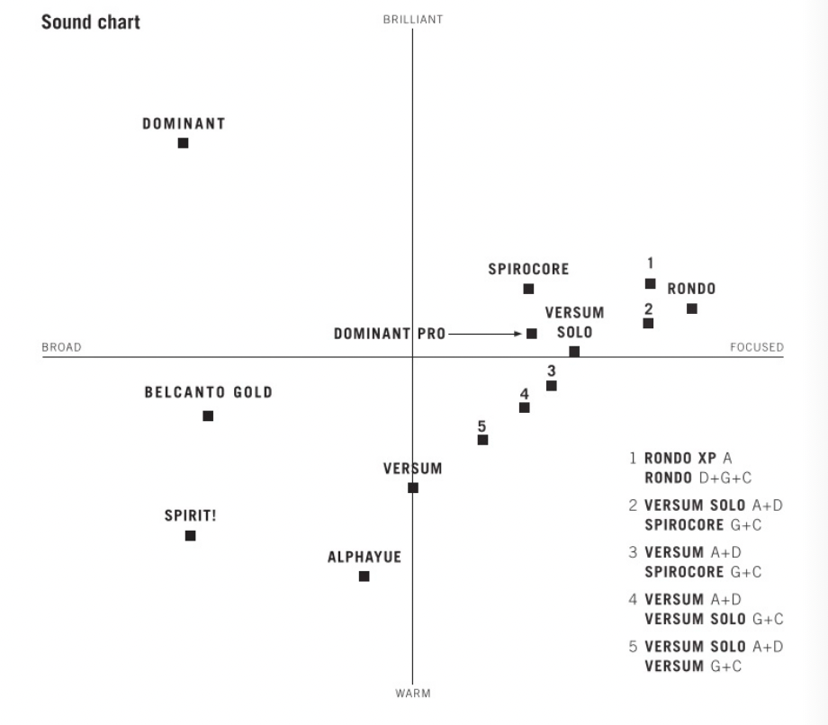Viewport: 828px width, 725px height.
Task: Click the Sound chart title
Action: [x=90, y=22]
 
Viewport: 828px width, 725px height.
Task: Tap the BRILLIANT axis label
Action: [x=412, y=20]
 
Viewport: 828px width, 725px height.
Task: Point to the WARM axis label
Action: [x=412, y=694]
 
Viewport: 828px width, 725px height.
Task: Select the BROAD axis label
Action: [x=61, y=347]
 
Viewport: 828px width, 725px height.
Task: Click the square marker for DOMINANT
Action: [x=184, y=143]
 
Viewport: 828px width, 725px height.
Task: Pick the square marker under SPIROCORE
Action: [x=528, y=289]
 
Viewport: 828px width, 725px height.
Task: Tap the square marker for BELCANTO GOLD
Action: [x=208, y=416]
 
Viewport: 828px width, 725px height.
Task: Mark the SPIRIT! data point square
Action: [x=190, y=535]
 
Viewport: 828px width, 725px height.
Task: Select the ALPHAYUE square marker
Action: [x=364, y=576]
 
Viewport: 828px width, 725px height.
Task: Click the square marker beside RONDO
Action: [x=691, y=309]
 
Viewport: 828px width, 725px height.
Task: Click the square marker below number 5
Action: [x=482, y=440]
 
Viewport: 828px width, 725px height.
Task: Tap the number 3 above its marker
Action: [x=551, y=370]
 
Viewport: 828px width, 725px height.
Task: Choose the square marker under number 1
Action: [x=650, y=283]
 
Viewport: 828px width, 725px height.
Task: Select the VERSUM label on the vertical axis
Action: [x=412, y=469]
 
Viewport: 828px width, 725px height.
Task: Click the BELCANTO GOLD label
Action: [x=208, y=393]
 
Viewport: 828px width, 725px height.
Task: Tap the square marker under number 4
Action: [x=525, y=407]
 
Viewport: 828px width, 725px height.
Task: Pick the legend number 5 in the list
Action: [x=634, y=647]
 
